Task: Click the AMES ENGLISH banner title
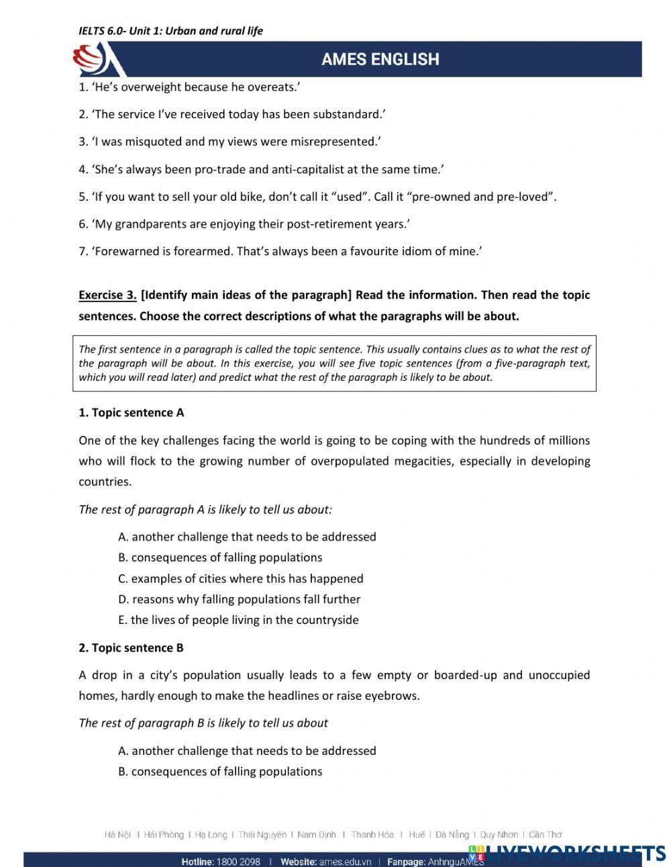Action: pos(380,60)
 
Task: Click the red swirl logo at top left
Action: pos(91,60)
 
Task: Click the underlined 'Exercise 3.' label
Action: pos(107,295)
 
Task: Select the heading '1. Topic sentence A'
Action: pos(132,413)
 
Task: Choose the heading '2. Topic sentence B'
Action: pos(132,648)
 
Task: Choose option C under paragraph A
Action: pos(240,578)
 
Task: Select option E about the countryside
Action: pos(238,620)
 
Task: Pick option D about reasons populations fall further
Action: pos(239,599)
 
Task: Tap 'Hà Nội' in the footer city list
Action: pos(118,835)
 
